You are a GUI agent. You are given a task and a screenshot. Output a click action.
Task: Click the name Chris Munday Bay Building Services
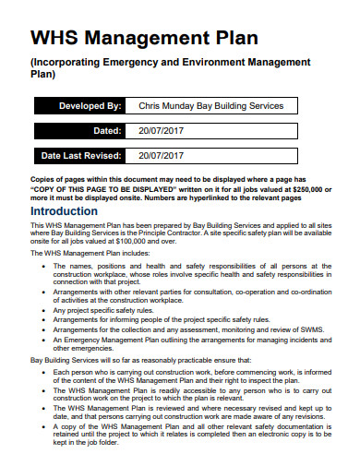(210, 106)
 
